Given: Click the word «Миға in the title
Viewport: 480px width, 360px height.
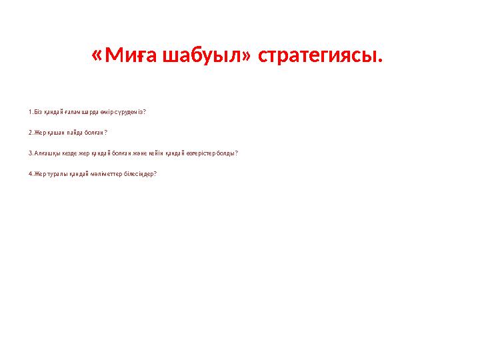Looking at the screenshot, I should pos(125,57).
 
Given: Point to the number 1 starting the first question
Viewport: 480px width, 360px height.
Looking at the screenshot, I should pos(30,112).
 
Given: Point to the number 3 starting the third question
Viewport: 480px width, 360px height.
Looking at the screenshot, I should pos(30,153).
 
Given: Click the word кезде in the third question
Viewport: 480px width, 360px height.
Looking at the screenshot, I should pos(65,153).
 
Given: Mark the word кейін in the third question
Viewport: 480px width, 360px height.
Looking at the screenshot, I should pos(154,153).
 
